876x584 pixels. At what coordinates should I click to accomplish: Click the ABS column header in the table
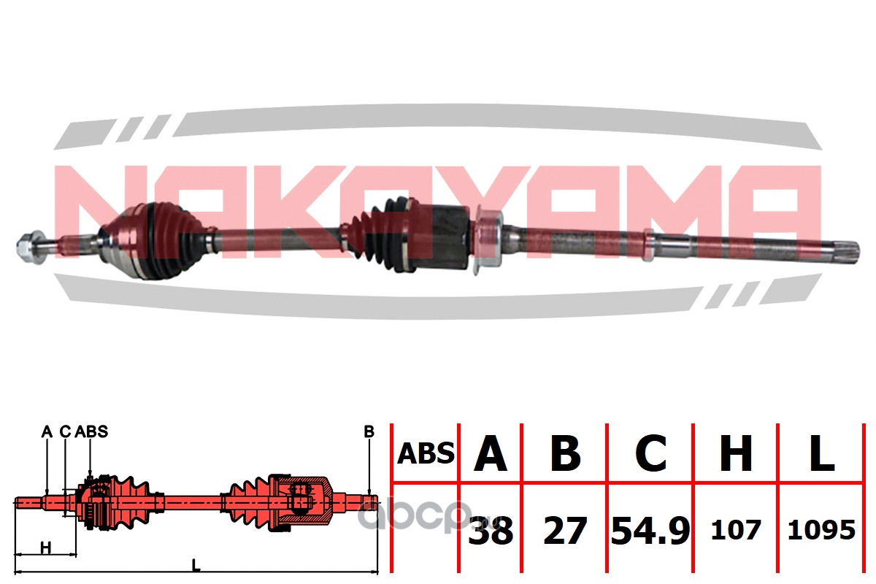426,454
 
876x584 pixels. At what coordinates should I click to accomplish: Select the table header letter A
491,454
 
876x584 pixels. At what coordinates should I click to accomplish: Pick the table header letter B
565,454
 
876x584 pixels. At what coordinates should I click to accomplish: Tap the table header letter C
650,454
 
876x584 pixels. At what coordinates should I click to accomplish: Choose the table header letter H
736,454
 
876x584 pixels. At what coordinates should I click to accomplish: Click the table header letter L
821,454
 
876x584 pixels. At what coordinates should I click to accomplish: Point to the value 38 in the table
491,531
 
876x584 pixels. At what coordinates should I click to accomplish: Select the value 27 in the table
565,531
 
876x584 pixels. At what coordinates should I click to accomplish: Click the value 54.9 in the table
650,531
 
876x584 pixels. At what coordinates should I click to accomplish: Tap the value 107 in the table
736,531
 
